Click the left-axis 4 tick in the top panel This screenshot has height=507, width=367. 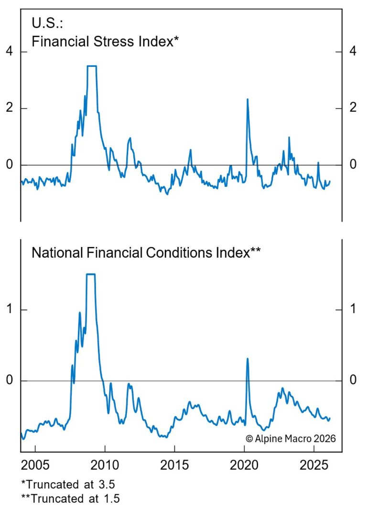tap(10, 52)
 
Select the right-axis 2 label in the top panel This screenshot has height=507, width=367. tap(353, 108)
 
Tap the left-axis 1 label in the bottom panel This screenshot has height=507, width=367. tap(10, 310)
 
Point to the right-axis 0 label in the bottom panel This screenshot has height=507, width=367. tap(353, 381)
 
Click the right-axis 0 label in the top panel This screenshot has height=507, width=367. tap(353, 165)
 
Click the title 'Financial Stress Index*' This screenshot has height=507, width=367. tap(105, 41)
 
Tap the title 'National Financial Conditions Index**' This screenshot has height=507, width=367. tap(146, 253)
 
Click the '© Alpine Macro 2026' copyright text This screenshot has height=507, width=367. tap(291, 438)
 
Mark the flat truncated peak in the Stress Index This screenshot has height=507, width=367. tap(92, 66)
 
